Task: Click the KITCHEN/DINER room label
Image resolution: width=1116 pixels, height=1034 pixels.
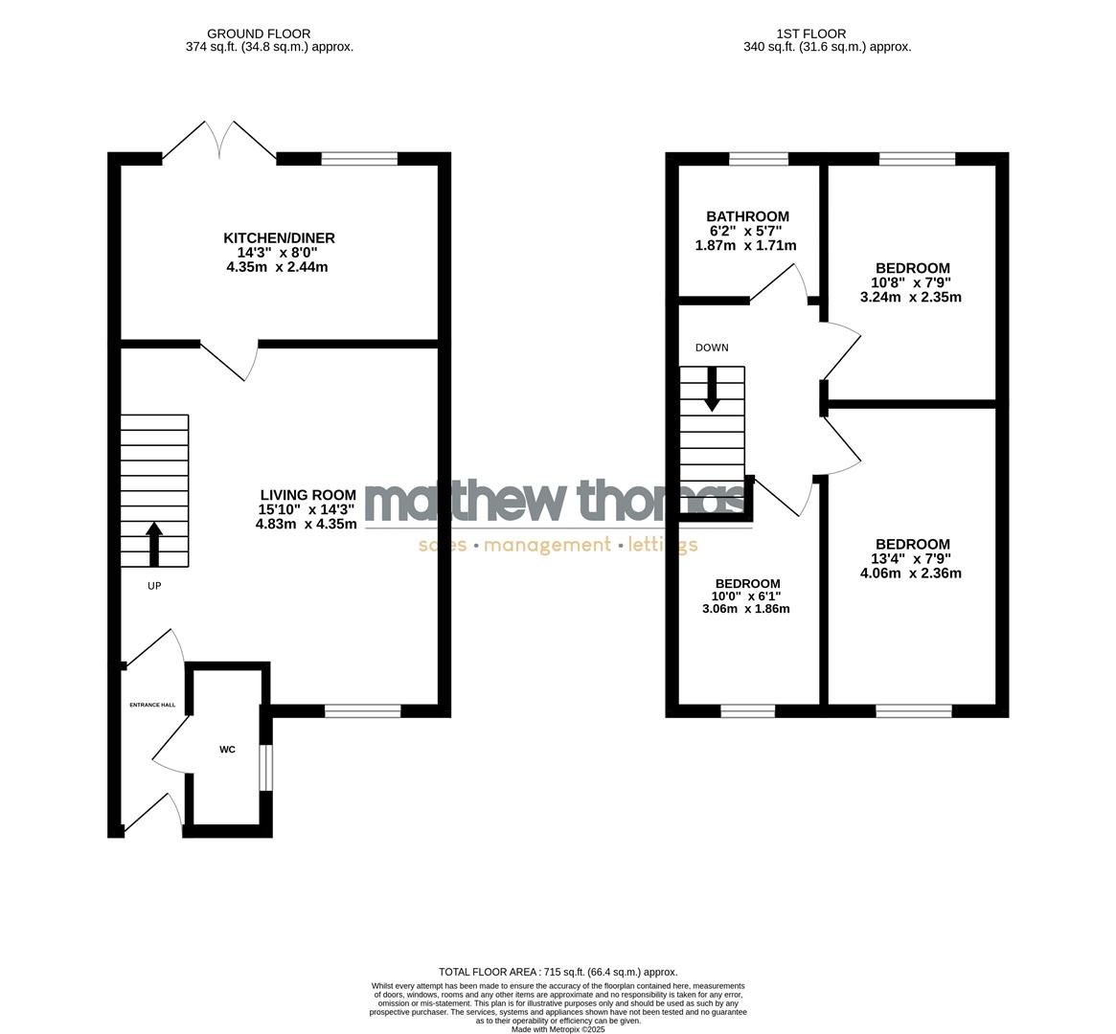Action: pyautogui.click(x=279, y=237)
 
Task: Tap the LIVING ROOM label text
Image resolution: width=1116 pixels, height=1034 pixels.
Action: pyautogui.click(x=307, y=495)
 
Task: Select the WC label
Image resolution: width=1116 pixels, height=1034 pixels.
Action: pyautogui.click(x=227, y=749)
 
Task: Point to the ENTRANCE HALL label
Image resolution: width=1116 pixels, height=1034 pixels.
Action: pyautogui.click(x=153, y=705)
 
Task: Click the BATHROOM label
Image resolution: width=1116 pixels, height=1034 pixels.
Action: pyautogui.click(x=747, y=216)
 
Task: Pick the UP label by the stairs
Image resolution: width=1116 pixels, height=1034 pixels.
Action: pyautogui.click(x=154, y=586)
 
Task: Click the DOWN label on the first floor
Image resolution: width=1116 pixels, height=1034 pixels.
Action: pyautogui.click(x=712, y=348)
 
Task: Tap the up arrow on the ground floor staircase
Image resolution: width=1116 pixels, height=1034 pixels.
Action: pyautogui.click(x=154, y=543)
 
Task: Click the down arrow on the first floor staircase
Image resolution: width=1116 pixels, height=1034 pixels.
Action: pyautogui.click(x=712, y=392)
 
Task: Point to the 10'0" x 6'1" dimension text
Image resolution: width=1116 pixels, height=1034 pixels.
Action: pyautogui.click(x=747, y=596)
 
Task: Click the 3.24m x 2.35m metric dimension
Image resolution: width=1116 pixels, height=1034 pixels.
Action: pyautogui.click(x=911, y=297)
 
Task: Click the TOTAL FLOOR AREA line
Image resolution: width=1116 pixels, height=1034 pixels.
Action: pyautogui.click(x=558, y=972)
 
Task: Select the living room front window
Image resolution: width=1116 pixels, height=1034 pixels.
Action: pyautogui.click(x=362, y=710)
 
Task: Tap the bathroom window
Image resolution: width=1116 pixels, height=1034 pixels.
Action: pyautogui.click(x=759, y=159)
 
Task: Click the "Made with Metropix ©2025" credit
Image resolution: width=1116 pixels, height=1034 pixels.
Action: pyautogui.click(x=558, y=1029)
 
